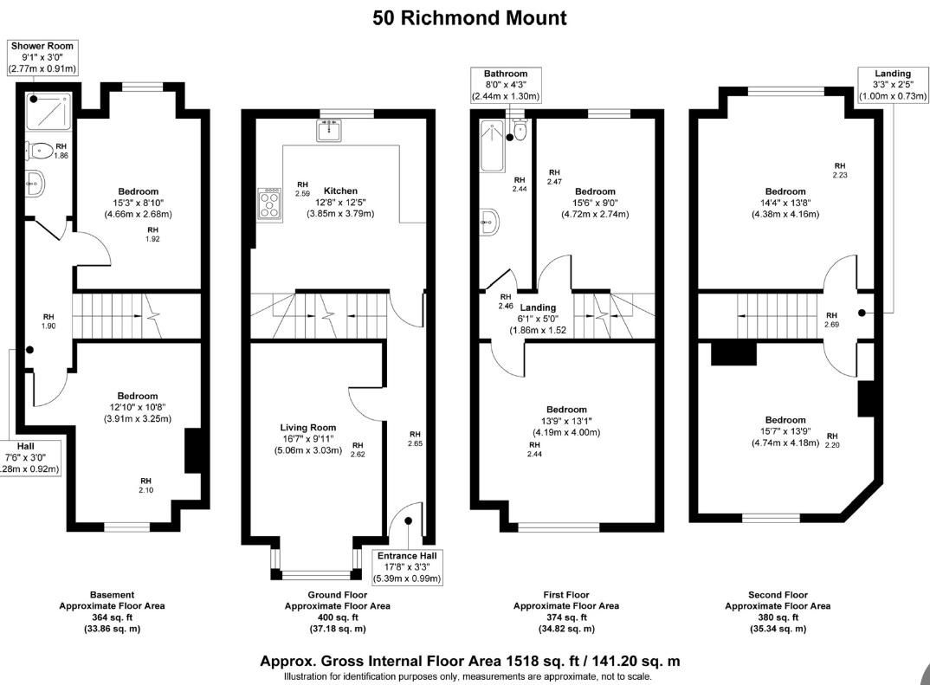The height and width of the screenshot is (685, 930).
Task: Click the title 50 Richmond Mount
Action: (x=469, y=18)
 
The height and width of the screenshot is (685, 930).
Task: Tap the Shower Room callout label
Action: (x=42, y=57)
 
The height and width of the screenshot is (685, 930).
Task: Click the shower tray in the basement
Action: (x=48, y=111)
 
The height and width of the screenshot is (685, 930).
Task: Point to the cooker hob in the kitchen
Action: (x=270, y=204)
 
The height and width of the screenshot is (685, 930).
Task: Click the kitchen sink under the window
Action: (x=329, y=130)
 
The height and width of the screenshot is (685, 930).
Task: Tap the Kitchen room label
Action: (x=340, y=191)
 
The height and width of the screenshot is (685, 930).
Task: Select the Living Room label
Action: (x=307, y=428)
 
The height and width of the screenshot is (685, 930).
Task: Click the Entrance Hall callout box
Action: (x=407, y=567)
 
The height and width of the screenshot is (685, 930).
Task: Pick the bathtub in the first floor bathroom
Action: (x=492, y=145)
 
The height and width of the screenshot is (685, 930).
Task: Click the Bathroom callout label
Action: (x=506, y=85)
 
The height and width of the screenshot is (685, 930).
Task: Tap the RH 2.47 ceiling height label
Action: (x=554, y=177)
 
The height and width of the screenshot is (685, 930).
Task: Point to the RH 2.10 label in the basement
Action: (x=145, y=485)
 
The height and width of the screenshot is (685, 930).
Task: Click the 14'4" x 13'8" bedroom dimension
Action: (x=785, y=203)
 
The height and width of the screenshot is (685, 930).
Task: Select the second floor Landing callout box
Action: (x=893, y=85)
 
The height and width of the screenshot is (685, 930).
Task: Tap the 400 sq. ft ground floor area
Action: (x=338, y=617)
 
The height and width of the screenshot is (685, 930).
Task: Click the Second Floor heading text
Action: (x=778, y=595)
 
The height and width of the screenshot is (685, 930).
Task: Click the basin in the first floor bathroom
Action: (x=490, y=222)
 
